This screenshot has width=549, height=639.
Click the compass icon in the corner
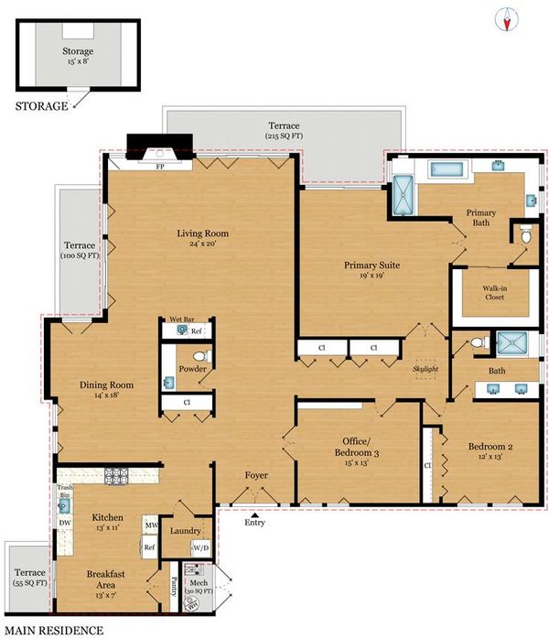point(506,19)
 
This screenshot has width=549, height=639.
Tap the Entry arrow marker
point(254,515)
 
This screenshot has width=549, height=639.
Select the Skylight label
point(425,369)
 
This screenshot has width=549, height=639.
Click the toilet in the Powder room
point(201,356)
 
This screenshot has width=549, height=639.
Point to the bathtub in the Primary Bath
point(446,169)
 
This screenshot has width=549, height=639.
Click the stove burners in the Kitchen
point(116,475)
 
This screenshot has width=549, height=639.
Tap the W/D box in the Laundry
point(200,548)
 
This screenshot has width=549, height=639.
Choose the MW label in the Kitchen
point(151,525)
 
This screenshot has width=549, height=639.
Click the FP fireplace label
point(160,167)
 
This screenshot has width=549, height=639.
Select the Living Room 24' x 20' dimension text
point(202,244)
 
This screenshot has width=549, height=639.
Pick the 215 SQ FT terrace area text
point(284,136)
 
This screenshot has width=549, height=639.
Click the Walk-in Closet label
point(495,293)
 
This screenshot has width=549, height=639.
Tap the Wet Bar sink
point(181,330)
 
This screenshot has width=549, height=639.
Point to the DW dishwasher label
point(65,523)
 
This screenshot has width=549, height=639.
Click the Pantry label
point(174,587)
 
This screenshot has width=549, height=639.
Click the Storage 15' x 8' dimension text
point(78,61)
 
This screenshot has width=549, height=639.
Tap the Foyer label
point(256,475)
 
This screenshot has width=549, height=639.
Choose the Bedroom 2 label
point(490,446)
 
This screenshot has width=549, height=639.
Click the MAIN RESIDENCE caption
point(54,631)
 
